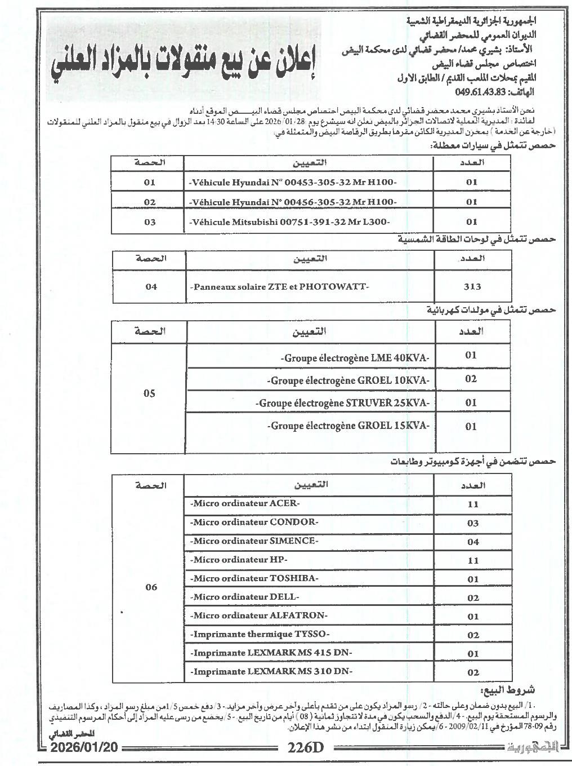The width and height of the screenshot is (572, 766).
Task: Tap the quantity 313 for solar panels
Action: coord(472,286)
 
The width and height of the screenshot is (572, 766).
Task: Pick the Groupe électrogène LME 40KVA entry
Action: coord(355,358)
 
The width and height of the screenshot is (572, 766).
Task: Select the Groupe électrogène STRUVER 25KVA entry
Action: coord(343,403)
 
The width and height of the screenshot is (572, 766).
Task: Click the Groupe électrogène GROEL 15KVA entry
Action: coord(349,426)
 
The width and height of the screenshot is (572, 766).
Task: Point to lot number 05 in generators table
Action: coord(149,393)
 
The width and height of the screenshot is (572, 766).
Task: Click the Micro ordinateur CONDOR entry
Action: coord(254,522)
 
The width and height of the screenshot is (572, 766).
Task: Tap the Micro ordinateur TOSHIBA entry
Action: coord(254,578)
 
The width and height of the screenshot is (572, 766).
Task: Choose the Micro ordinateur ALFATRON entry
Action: coord(259,616)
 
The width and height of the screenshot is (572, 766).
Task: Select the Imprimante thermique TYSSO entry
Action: coord(260,634)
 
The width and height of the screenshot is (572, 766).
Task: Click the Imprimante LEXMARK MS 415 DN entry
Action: coord(271,653)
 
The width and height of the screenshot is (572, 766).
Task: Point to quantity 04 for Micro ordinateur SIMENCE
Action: coord(473,542)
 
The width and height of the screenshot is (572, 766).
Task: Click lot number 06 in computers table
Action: coord(151,587)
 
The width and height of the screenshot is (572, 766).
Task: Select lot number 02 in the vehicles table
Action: coord(150,202)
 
